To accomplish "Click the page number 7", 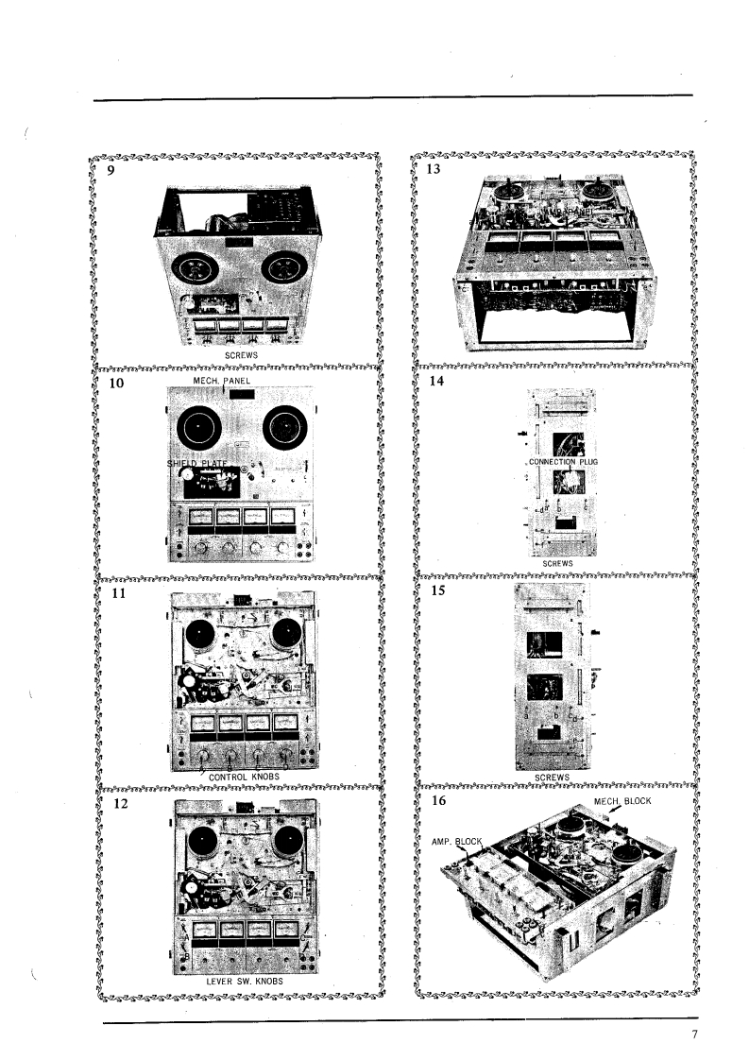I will (694, 1034).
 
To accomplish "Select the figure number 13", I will (434, 170).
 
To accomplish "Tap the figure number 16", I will (435, 799).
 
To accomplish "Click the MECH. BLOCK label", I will (622, 801).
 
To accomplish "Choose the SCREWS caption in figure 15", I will (552, 777).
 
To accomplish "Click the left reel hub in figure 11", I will (200, 634).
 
